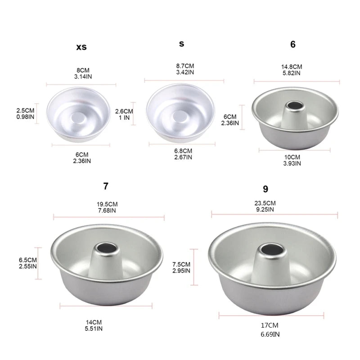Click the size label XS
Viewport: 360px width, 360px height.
(x=81, y=47)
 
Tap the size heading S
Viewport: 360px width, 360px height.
(x=181, y=44)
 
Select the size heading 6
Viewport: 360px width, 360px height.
(x=293, y=44)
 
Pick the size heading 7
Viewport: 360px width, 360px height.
(x=106, y=186)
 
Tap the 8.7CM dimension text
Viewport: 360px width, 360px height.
(x=184, y=66)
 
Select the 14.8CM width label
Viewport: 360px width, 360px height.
(x=292, y=66)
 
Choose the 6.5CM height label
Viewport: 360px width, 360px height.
(x=27, y=260)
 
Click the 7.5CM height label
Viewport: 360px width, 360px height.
(x=182, y=264)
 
